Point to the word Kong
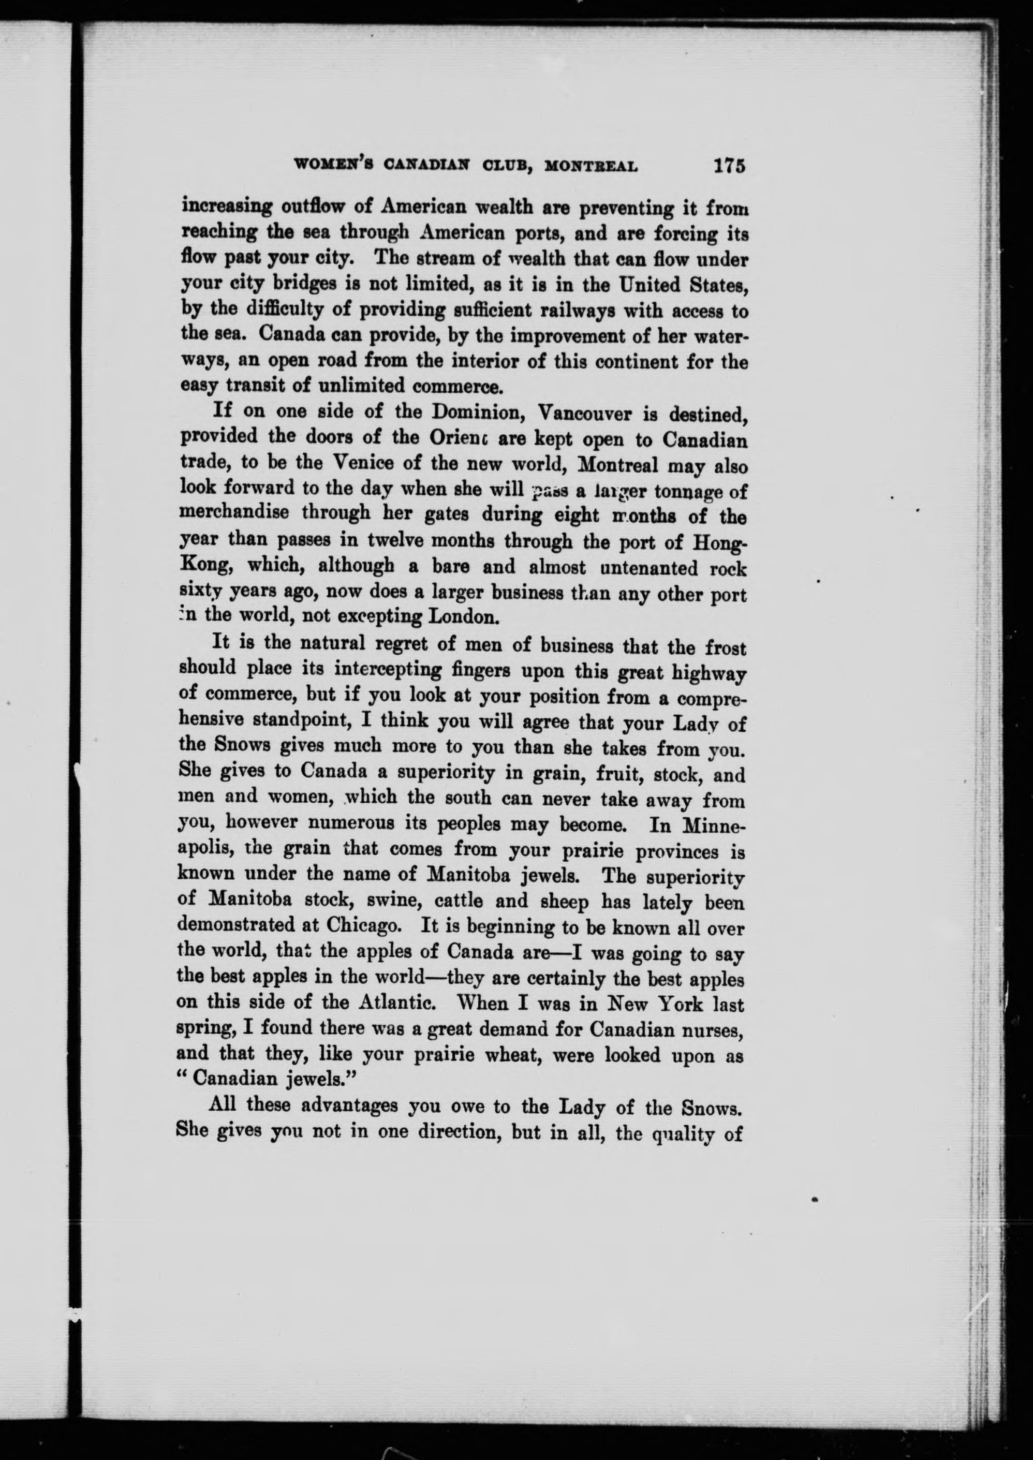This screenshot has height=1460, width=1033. (203, 566)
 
